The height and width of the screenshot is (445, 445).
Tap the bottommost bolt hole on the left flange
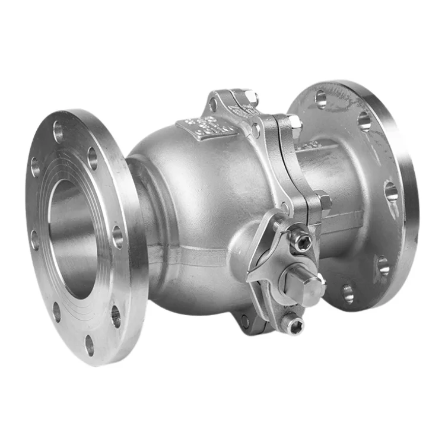pyautogui.click(x=90, y=345)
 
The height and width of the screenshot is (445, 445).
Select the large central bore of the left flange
pyautogui.click(x=71, y=237)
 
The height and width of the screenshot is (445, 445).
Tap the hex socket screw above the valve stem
pyautogui.click(x=301, y=241)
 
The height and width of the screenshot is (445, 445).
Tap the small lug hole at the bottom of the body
pyautogui.click(x=244, y=322)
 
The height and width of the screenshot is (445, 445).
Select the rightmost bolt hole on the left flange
pyautogui.click(x=117, y=237)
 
